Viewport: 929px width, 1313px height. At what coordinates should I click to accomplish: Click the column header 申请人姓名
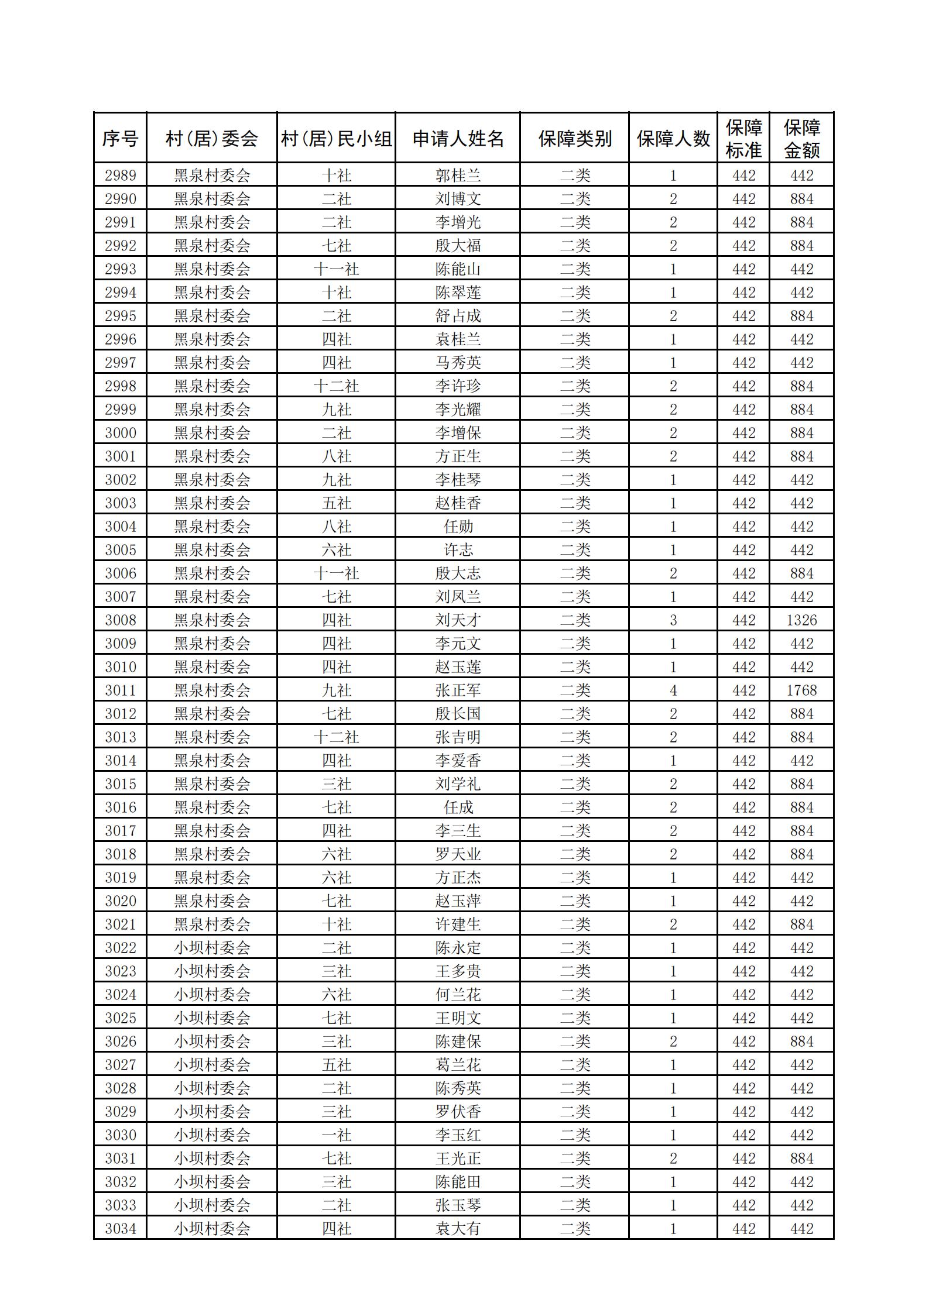coord(458,139)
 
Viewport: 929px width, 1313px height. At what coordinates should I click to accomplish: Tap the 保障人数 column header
coord(673,139)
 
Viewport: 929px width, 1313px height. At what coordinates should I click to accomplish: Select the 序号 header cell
coord(120,139)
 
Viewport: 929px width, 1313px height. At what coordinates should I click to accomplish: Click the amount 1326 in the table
coord(801,620)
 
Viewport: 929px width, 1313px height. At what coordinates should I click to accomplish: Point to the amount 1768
coord(801,690)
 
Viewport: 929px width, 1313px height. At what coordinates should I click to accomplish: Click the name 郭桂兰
coord(458,176)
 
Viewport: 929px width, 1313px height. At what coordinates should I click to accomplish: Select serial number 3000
coord(120,433)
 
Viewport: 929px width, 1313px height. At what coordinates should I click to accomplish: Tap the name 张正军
coord(458,690)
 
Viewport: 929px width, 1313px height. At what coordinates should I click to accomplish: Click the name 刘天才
coord(458,620)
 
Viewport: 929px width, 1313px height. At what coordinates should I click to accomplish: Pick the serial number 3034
coord(120,1229)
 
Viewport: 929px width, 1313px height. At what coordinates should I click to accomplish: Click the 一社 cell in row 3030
coord(336,1135)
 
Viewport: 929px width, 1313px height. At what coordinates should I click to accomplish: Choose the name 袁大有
coord(458,1229)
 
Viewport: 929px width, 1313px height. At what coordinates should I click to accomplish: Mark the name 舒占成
coord(458,316)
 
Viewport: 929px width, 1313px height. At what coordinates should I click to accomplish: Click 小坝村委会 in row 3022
coord(212,948)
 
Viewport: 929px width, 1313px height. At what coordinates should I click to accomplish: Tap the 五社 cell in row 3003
coord(336,503)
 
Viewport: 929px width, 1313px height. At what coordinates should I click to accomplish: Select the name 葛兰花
coord(458,1065)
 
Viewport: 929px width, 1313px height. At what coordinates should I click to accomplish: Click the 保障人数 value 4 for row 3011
coord(673,690)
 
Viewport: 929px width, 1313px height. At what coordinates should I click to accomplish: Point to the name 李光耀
coord(458,410)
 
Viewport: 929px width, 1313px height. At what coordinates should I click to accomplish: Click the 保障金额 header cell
coord(801,139)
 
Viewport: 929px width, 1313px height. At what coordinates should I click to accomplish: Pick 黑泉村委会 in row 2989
coord(212,176)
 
